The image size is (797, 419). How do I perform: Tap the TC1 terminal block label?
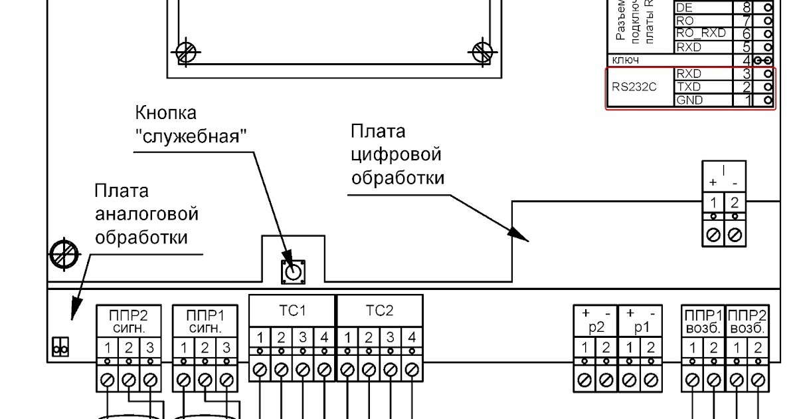pyautogui.click(x=293, y=311)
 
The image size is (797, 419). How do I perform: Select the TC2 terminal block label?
pyautogui.click(x=380, y=311)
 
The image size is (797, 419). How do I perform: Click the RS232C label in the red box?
pyautogui.click(x=634, y=87)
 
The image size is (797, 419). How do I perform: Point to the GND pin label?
pyautogui.click(x=689, y=100)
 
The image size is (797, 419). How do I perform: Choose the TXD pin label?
pyautogui.click(x=689, y=87)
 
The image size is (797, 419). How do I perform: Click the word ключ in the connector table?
pyautogui.click(x=626, y=61)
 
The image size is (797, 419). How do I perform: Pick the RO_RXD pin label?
pyautogui.click(x=700, y=33)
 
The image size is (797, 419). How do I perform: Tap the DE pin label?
pyautogui.click(x=684, y=7)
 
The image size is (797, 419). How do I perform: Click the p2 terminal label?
pyautogui.click(x=595, y=327)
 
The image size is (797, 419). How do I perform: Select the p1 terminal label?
pyautogui.click(x=640, y=327)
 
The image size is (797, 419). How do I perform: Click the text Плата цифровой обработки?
pyautogui.click(x=397, y=154)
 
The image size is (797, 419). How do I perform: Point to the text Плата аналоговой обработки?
pyautogui.click(x=146, y=214)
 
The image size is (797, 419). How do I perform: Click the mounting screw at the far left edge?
pyautogui.click(x=64, y=253)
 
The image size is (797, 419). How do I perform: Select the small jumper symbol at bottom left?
pyautogui.click(x=60, y=347)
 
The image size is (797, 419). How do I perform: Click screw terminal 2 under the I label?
pyautogui.click(x=735, y=234)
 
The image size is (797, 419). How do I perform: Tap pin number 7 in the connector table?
pyautogui.click(x=747, y=21)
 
